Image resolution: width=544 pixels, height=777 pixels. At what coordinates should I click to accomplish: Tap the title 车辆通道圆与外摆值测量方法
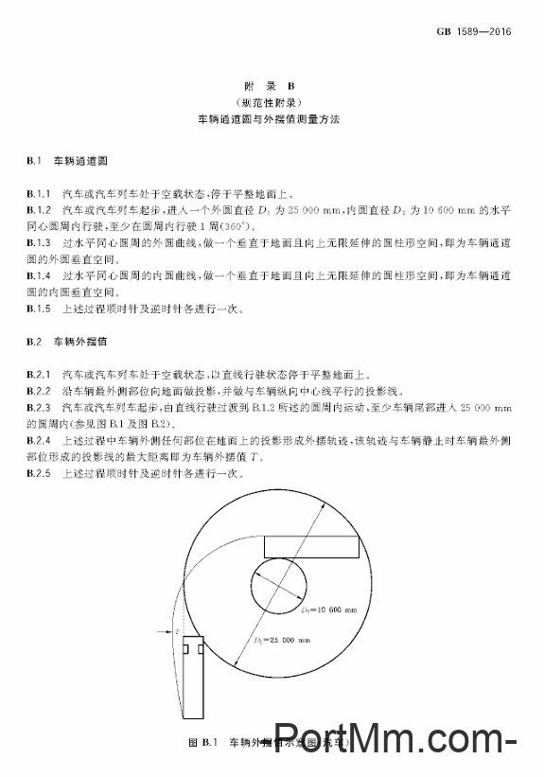coord(272,121)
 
